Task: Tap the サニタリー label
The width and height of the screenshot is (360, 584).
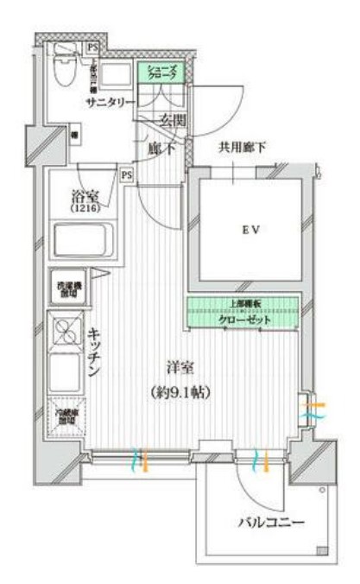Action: click(111, 102)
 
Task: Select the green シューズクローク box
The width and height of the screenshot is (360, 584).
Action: click(161, 73)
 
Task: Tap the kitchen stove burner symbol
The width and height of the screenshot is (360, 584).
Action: click(66, 331)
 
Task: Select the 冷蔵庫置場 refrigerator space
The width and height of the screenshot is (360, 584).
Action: click(66, 410)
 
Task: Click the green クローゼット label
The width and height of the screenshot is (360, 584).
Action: click(244, 320)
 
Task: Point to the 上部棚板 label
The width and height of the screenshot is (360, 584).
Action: click(244, 304)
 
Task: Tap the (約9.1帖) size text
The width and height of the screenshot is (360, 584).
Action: click(182, 390)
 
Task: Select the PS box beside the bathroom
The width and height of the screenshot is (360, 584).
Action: click(127, 175)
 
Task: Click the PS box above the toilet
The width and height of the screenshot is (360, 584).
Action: click(91, 47)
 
